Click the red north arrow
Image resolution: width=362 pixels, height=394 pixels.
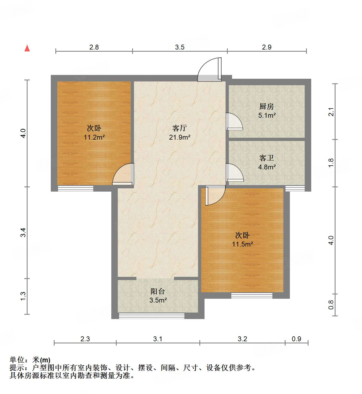pos(27,48)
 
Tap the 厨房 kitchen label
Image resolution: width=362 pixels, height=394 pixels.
pos(266,107)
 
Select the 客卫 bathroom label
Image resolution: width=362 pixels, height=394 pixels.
pos(266,158)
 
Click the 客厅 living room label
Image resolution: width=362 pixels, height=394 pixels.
pos(180,128)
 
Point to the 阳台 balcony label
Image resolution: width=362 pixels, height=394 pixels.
pos(158,291)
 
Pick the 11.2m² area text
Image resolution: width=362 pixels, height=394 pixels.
pos(94,137)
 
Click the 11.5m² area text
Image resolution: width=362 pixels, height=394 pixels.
pos(242,244)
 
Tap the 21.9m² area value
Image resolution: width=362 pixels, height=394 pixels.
pos(180,137)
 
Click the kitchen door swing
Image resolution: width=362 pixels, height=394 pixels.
pos(234,121)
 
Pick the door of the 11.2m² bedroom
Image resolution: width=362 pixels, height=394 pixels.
pos(124,175)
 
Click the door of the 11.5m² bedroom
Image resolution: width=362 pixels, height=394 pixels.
pos(215,195)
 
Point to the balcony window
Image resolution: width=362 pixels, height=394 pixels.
pos(152,316)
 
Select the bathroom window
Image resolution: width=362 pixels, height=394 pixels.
pos(295,188)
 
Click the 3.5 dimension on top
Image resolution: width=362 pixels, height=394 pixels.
pos(180,47)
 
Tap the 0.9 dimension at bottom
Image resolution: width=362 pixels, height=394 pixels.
pos(296,339)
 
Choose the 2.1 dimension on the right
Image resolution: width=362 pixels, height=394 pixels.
pos(331,112)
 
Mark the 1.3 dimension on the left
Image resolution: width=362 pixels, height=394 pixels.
pos(23,296)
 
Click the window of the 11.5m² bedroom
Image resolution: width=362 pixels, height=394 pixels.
pos(252,295)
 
